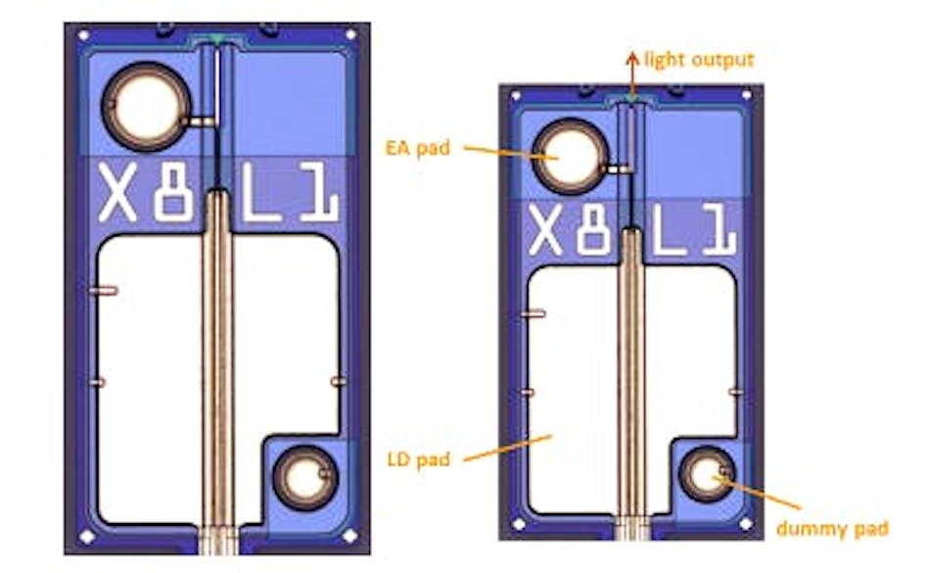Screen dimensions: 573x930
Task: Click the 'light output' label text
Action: [x=699, y=60]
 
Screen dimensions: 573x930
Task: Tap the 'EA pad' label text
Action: [x=418, y=148]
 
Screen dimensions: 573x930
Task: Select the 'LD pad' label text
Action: [x=418, y=457]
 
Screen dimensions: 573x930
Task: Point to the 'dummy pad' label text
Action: [x=832, y=529]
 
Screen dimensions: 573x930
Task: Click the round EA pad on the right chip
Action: [x=569, y=157]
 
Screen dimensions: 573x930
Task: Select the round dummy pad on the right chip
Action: [x=707, y=477]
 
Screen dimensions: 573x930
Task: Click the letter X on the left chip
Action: [x=118, y=194]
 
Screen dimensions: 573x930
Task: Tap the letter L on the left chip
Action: [x=259, y=194]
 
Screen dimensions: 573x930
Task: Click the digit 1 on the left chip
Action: [x=319, y=194]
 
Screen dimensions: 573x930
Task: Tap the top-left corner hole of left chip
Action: [x=83, y=35]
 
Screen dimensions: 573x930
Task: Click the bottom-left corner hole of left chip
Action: [x=86, y=537]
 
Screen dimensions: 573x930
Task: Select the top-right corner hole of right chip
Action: [x=747, y=97]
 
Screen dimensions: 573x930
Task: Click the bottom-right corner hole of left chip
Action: [x=349, y=537]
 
